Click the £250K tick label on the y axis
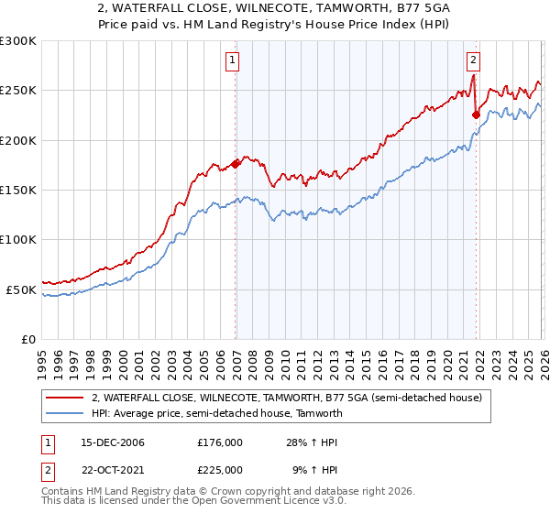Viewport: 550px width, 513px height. point(18,91)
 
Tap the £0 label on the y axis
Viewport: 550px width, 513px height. point(28,339)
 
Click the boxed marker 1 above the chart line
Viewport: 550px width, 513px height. point(233,61)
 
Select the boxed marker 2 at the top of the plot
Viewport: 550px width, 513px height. point(473,61)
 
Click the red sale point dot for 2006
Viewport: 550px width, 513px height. point(236,164)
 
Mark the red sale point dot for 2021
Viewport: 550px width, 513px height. point(476,115)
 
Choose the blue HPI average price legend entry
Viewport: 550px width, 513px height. point(216,413)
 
